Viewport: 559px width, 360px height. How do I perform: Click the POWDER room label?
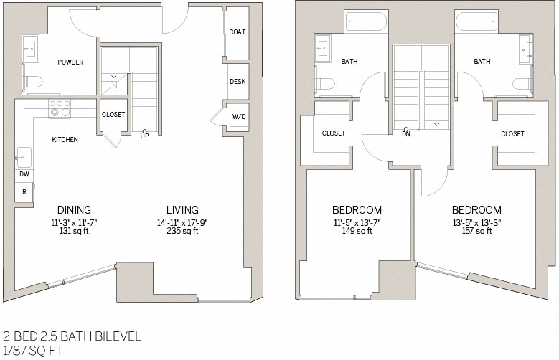70,62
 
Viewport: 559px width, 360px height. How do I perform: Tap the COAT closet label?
237,32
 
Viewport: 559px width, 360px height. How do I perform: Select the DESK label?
238,82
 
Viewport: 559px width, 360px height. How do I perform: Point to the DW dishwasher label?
23,174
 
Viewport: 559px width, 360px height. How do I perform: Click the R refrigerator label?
23,192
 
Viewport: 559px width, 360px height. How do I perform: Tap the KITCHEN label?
65,140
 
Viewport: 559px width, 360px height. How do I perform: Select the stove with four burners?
60,108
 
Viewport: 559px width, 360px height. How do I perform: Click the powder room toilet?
32,82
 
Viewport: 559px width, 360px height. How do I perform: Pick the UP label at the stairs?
144,136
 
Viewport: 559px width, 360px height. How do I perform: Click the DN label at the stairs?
406,134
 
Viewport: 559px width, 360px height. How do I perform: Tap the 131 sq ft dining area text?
74,232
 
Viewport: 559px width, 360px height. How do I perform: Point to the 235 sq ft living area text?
182,232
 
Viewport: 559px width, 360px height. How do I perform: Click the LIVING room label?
182,210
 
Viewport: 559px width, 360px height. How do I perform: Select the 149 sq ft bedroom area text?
356,232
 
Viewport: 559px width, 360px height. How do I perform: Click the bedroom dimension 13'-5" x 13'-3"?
476,222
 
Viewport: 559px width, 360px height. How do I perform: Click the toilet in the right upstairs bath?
522,84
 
